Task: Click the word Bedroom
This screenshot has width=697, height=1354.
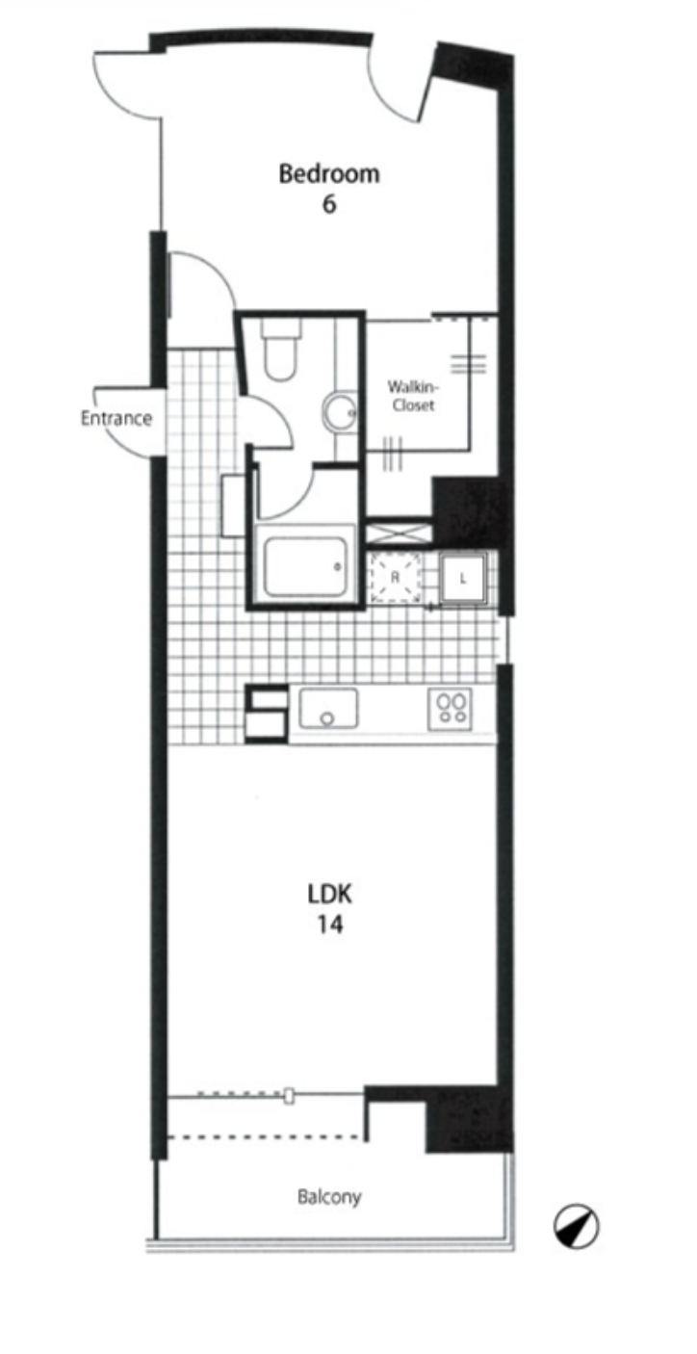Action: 329,174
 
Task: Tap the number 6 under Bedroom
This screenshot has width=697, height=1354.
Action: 329,204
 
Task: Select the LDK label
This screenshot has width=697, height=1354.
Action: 329,894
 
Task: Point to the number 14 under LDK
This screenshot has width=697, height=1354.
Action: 330,924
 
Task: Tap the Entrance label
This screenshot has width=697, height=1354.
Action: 116,418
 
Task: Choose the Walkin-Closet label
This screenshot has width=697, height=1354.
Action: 414,396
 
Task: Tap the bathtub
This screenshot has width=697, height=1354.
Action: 305,564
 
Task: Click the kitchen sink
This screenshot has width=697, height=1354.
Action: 328,708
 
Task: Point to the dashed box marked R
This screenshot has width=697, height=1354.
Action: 396,577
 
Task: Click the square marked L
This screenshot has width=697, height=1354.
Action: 463,579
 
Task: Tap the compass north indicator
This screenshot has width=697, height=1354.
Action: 576,1228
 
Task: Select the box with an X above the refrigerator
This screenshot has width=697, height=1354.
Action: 399,533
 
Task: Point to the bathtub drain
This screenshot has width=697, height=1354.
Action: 337,567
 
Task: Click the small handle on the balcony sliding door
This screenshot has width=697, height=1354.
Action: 290,1095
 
